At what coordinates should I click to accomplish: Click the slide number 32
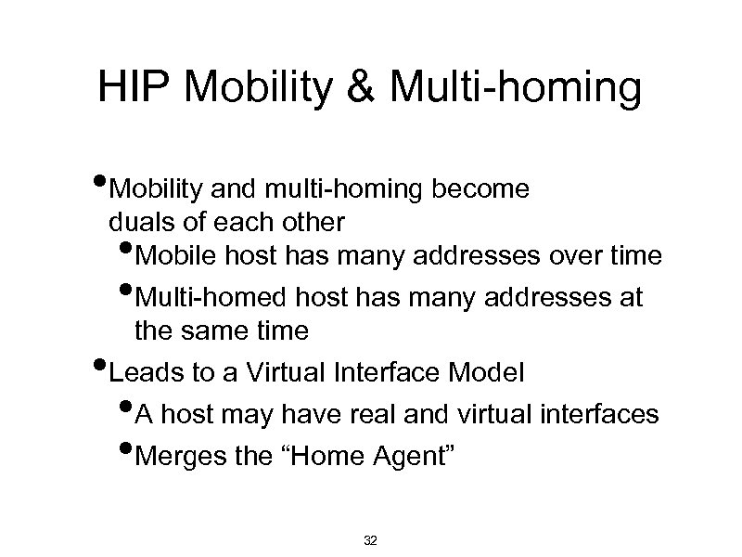coord(371,540)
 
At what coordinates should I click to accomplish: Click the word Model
coord(488,373)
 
